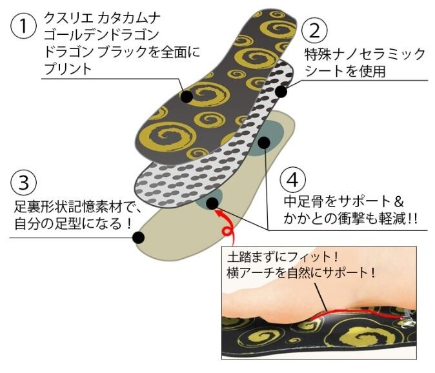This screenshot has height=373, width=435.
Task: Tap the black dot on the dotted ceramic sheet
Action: click(x=281, y=92)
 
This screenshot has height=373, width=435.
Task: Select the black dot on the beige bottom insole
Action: click(x=137, y=238)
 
